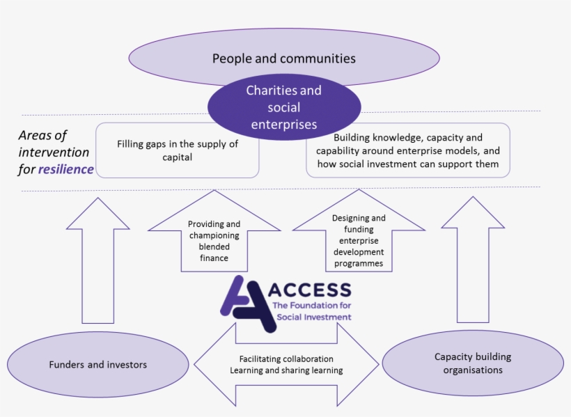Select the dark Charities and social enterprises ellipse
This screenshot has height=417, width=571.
point(283,108)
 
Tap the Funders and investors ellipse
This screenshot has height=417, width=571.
point(97,364)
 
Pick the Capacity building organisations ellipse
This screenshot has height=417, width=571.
point(473,363)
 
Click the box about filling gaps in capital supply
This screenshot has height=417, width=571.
point(178,150)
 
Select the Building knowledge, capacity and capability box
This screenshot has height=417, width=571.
point(407,150)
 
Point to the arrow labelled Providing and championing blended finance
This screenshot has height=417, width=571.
point(214,240)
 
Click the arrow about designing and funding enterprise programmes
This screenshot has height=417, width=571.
point(358,240)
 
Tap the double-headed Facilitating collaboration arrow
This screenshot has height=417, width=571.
point(286,364)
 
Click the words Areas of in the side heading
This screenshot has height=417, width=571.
point(42,136)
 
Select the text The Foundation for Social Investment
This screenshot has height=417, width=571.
point(311,311)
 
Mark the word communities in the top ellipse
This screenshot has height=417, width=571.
point(318,58)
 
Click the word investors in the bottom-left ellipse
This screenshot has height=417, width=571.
point(126,364)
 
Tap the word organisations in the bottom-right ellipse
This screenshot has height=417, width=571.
point(473,370)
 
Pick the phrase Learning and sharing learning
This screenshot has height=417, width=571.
point(286,370)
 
